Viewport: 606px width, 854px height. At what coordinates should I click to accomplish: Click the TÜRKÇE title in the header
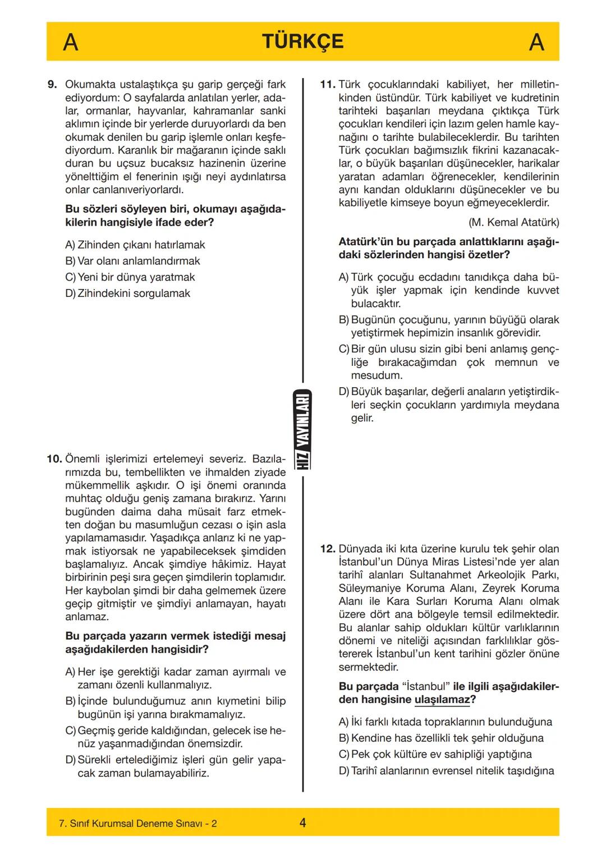tap(302, 42)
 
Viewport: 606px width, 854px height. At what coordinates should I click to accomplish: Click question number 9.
tap(52, 85)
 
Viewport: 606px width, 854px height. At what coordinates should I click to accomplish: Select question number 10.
tap(54, 459)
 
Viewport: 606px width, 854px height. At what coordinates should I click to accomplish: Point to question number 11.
tap(327, 85)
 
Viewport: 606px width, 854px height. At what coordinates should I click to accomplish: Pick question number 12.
tap(328, 549)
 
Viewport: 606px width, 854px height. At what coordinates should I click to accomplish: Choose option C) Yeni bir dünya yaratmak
tap(130, 277)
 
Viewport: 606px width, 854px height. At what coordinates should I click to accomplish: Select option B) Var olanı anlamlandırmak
tap(132, 261)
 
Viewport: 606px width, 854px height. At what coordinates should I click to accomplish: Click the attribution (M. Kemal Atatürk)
tap(513, 222)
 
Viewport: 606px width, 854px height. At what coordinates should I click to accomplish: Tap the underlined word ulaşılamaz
tap(442, 700)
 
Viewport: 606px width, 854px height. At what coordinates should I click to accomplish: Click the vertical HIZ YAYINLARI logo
tap(303, 429)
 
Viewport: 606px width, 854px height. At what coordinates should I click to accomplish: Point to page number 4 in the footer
tap(302, 823)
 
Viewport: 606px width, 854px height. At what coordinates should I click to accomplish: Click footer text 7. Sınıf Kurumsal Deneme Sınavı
tap(137, 824)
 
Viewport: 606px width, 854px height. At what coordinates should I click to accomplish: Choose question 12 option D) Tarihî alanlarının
tap(446, 771)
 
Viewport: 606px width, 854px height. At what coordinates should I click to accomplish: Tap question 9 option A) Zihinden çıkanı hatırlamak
tap(135, 245)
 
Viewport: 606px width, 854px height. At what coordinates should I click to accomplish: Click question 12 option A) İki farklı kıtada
tap(445, 722)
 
